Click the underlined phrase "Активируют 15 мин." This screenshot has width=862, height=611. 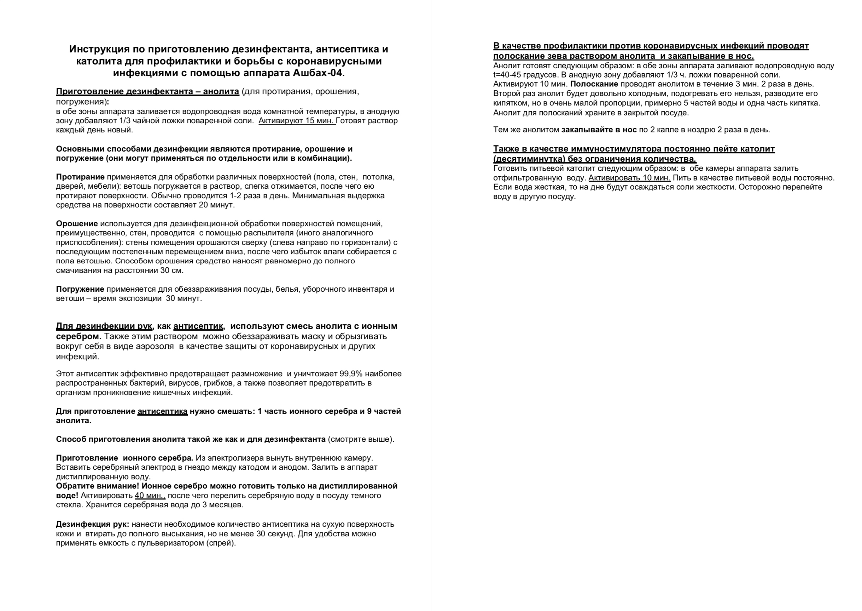(x=297, y=121)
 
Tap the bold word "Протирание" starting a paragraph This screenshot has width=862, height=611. (x=80, y=177)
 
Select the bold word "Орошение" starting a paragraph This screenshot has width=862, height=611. (x=77, y=223)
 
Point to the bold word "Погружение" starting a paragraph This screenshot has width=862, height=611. (x=80, y=289)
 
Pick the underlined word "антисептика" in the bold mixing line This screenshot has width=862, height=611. (x=162, y=411)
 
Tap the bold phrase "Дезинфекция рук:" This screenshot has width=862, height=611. (x=92, y=524)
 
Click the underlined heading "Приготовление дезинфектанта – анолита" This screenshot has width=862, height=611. (x=147, y=91)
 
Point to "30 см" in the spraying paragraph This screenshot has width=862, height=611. (x=171, y=270)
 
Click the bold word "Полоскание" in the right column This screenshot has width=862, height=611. (x=594, y=84)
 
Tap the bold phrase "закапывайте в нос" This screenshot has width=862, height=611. (x=599, y=130)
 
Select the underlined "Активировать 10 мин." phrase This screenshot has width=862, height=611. (x=629, y=178)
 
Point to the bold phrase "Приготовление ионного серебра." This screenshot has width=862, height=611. (x=124, y=458)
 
